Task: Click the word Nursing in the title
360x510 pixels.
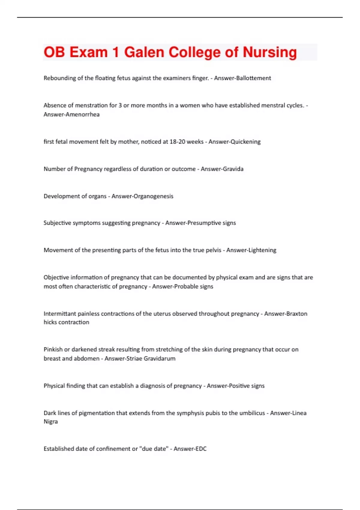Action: pyautogui.click(x=270, y=52)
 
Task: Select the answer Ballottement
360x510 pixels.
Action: pyautogui.click(x=253, y=78)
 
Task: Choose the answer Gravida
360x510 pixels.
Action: pyautogui.click(x=232, y=169)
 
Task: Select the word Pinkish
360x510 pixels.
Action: pyautogui.click(x=53, y=349)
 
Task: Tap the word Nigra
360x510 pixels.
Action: pyautogui.click(x=51, y=421)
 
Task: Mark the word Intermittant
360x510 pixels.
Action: pyautogui.click(x=60, y=314)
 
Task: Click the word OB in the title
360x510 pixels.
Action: pyautogui.click(x=54, y=52)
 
